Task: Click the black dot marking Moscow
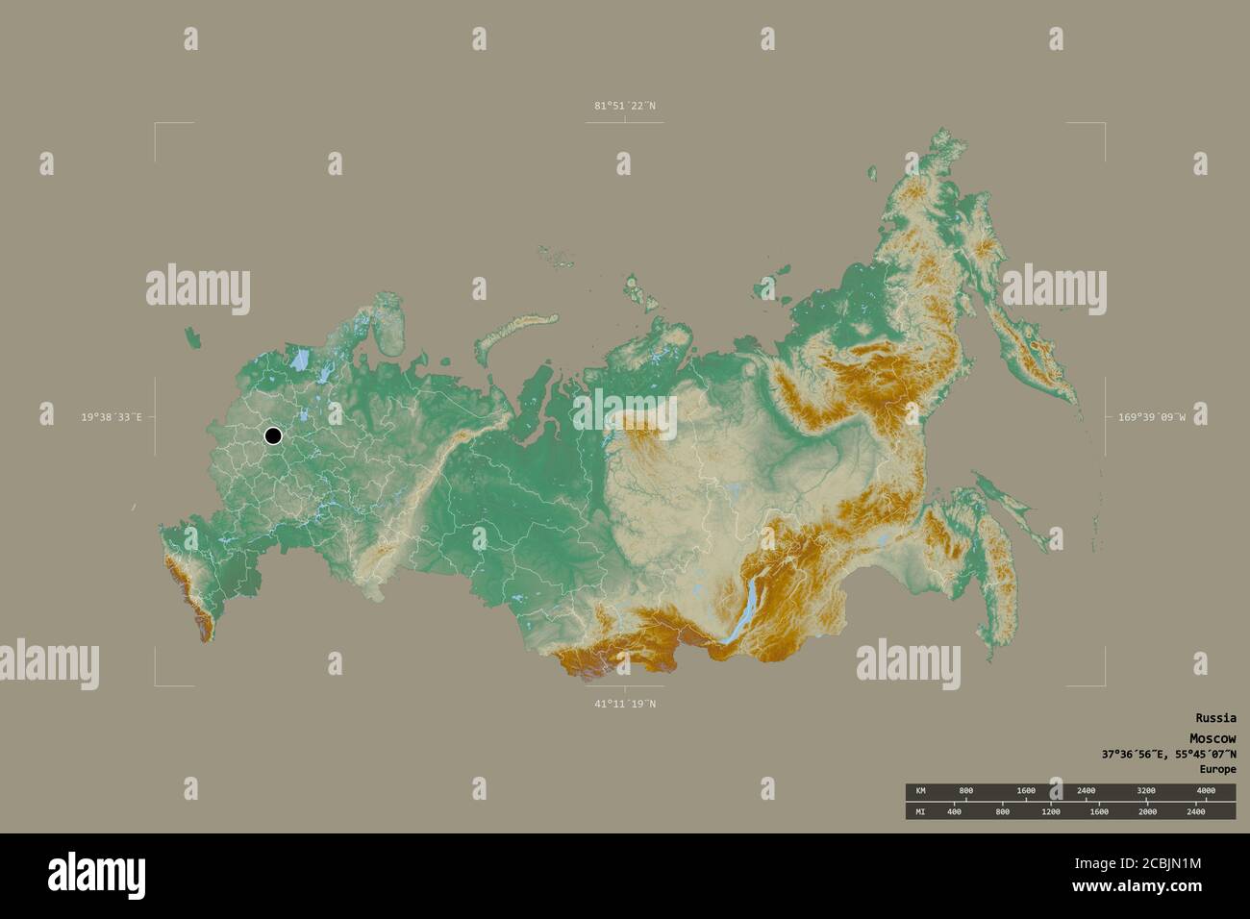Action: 273,436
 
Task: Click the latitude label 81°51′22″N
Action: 624,106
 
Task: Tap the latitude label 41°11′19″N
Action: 624,704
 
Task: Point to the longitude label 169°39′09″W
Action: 1150,417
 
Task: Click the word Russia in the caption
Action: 1215,718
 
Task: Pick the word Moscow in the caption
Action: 1212,737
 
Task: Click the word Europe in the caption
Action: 1217,769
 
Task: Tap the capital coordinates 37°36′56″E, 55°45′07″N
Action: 1169,754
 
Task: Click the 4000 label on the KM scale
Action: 1205,790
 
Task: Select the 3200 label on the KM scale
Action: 1145,790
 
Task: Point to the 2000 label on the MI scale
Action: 1147,812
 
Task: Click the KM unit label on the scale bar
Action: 920,790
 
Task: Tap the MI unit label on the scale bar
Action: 920,812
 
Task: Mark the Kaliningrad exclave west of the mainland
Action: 195,337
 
